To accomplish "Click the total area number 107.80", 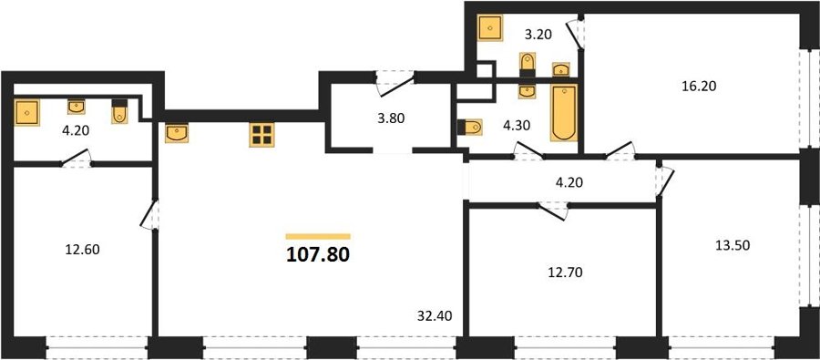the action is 318,255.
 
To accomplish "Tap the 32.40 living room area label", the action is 435,315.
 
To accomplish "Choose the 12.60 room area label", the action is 82,250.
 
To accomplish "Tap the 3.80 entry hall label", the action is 391,118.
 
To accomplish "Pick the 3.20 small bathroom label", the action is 539,35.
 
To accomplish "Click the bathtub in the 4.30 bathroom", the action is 564,112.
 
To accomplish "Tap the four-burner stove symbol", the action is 261,135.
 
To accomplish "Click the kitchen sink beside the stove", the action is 177,133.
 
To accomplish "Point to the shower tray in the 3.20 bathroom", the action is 490,27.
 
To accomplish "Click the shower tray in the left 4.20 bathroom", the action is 27,113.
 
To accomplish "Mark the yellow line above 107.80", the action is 318,237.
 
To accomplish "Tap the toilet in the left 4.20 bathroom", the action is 119,111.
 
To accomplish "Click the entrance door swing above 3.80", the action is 395,84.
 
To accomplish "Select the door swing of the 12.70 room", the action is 553,211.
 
